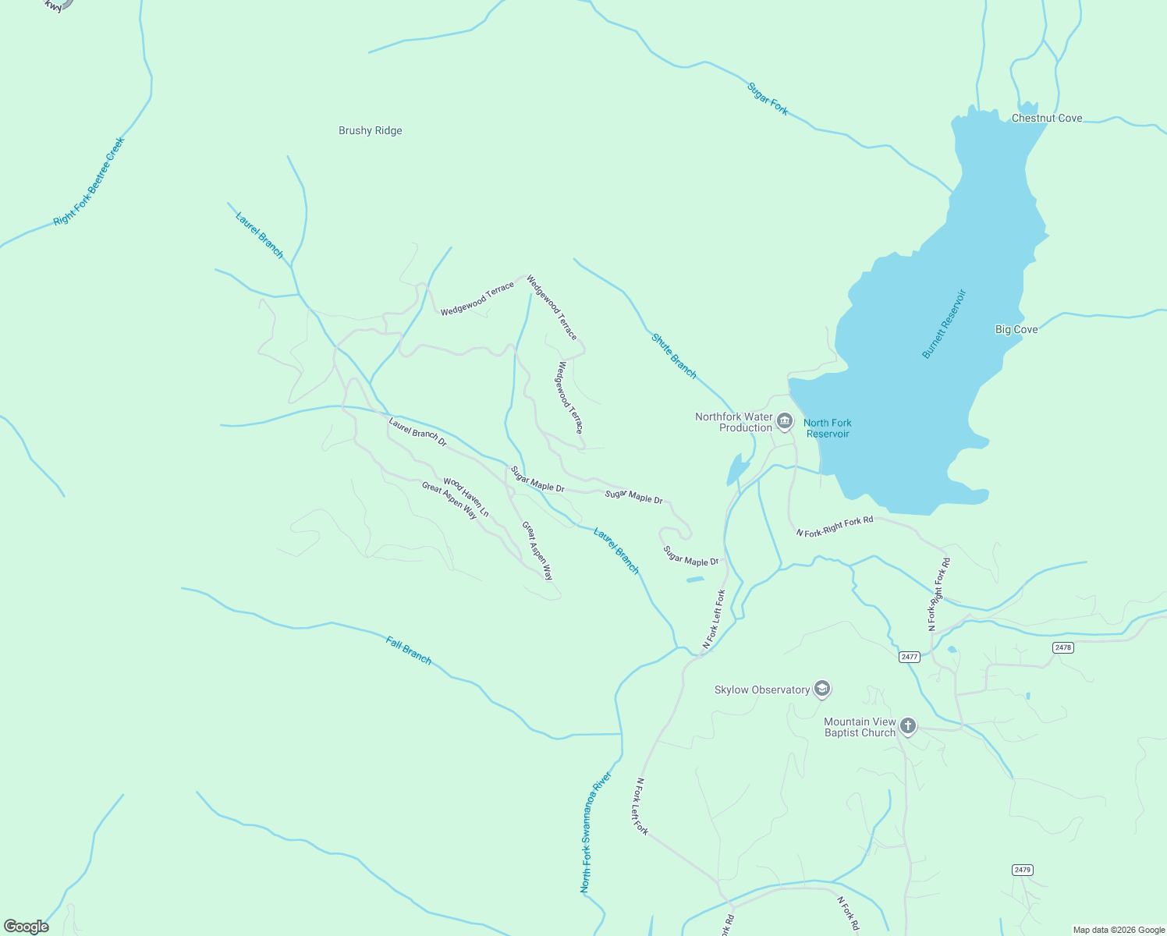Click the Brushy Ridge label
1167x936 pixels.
pos(370,130)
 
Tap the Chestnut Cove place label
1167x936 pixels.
pos(1046,118)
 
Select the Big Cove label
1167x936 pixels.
pos(1016,329)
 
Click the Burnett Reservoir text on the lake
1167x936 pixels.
pos(944,324)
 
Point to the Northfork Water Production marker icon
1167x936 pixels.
pos(785,422)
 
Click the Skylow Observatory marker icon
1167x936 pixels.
pos(821,689)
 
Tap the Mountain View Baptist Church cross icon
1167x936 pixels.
pos(907,726)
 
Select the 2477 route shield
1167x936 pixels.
pos(909,657)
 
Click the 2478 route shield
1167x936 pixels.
pos(1062,647)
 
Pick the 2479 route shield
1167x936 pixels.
pos(1022,870)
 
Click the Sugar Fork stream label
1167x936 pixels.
pos(768,99)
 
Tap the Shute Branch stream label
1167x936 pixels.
pos(674,356)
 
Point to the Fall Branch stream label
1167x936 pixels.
pos(409,650)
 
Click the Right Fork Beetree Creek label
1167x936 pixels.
pos(89,182)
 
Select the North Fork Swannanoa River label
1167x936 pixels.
pos(596,832)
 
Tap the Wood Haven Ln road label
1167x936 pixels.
pos(466,497)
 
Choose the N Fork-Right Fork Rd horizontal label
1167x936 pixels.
pos(834,526)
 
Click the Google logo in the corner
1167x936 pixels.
pos(27,927)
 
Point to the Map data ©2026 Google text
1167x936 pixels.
pos(1117,930)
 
